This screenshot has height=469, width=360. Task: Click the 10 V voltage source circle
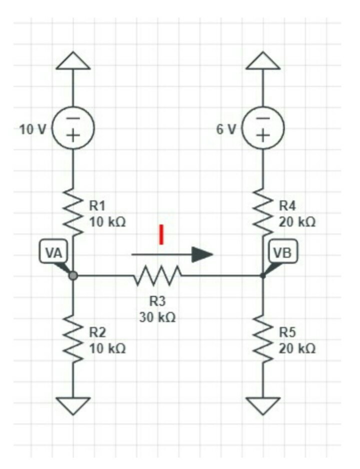coord(73,128)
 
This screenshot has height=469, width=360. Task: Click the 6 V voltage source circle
coord(263,128)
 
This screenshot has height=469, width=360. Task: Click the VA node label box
coord(52,252)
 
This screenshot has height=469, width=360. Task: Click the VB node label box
coord(283,252)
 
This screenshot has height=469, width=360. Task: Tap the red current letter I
coord(161,235)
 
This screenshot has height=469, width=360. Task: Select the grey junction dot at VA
coord(73,275)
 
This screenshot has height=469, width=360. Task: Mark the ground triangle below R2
coord(73,404)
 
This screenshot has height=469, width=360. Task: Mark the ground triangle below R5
coord(263,404)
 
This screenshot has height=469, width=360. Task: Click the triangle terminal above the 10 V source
coord(73,61)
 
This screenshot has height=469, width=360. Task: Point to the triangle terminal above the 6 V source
coord(263,61)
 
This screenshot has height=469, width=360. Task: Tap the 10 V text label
coord(32,129)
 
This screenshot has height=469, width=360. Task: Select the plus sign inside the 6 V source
coord(263,136)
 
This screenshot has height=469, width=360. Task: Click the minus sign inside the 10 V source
coord(73,118)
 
